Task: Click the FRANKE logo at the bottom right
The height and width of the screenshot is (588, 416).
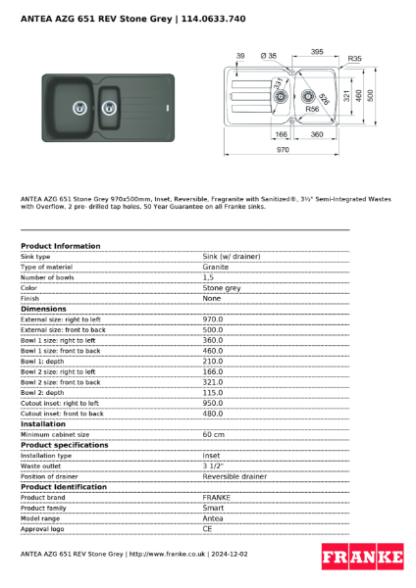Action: coord(362,557)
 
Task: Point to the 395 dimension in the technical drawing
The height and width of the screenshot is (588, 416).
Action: coord(317,51)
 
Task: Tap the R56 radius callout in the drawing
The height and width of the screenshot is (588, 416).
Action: coord(312,110)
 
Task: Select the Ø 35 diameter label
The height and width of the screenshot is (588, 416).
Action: coord(269,56)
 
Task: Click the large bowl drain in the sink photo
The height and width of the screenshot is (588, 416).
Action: coord(76,100)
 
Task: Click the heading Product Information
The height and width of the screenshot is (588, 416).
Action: coord(60,245)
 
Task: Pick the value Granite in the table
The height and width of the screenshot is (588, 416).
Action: coord(216,267)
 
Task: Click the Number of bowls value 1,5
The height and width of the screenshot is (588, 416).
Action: coord(209,277)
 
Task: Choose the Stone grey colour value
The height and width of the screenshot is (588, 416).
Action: coord(221,288)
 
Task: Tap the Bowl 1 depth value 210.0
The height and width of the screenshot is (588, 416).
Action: coord(212,361)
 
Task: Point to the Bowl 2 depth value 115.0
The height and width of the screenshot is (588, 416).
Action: coord(212,392)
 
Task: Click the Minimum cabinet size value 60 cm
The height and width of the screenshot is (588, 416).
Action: coord(213,434)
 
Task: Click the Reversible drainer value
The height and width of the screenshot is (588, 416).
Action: coord(234,476)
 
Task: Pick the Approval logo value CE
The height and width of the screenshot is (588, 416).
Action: coord(208,528)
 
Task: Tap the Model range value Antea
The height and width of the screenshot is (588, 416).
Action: coord(213,517)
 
